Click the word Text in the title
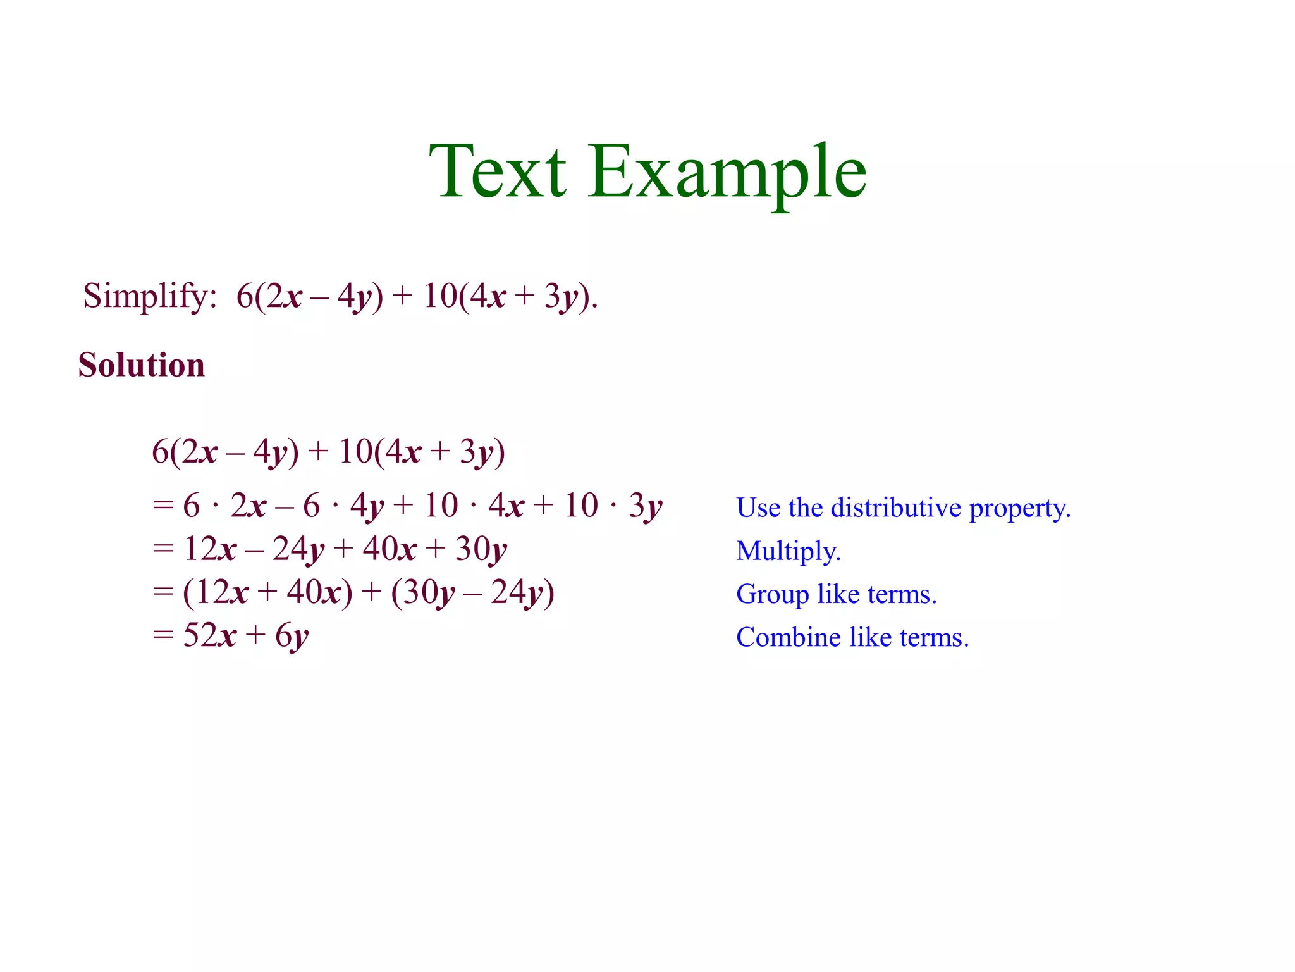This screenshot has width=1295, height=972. click(497, 171)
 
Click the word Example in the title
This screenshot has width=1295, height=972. click(727, 171)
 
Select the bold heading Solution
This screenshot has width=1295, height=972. click(142, 365)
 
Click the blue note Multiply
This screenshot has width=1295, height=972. click(789, 552)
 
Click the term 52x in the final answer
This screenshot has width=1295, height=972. click(209, 635)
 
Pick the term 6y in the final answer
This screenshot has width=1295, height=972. click(292, 637)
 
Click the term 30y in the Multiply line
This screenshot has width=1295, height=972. click(481, 549)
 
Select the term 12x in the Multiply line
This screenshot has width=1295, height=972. click(209, 549)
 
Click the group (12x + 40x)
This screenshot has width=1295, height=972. click(267, 593)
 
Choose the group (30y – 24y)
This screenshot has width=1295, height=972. click(472, 593)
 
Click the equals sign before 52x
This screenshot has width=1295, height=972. click(163, 635)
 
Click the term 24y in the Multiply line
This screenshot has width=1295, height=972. click(298, 549)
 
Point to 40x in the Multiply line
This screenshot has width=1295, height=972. click(389, 549)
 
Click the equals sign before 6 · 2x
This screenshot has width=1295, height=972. click(163, 506)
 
